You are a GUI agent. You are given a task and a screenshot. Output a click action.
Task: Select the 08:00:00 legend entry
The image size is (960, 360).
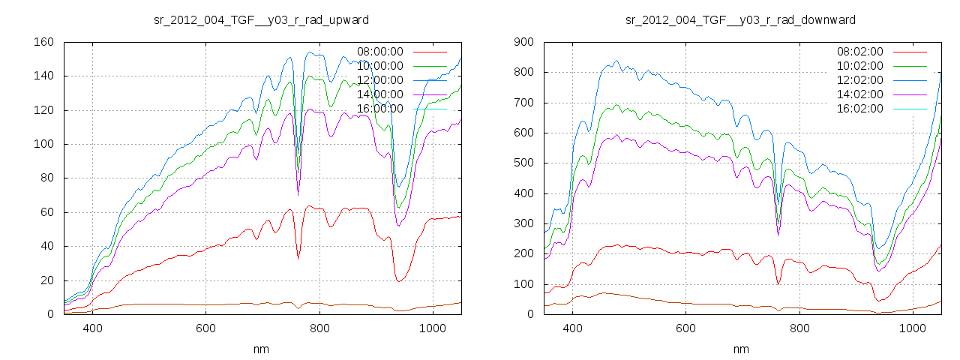click(380, 52)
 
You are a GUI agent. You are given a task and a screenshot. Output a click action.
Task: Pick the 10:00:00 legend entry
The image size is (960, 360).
click(380, 66)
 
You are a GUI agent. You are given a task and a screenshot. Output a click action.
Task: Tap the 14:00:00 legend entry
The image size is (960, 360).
click(380, 94)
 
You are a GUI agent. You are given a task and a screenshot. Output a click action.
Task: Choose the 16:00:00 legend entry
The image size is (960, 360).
click(380, 109)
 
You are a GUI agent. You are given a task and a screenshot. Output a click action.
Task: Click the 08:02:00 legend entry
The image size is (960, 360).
click(860, 52)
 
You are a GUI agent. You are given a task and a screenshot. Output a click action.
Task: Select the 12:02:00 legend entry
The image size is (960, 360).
click(860, 80)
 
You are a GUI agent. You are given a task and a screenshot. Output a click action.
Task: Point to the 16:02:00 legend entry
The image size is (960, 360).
click(860, 109)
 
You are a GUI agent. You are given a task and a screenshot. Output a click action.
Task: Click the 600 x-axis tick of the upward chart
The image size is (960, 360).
click(206, 328)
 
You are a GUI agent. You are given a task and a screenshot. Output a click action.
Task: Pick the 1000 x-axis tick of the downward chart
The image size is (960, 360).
click(912, 328)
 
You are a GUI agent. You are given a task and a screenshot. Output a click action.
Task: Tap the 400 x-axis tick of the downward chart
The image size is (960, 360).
click(572, 328)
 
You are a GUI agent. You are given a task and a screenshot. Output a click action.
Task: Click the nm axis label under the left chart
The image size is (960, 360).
click(261, 349)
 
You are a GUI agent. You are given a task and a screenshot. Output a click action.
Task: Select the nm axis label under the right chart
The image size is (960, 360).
click(741, 349)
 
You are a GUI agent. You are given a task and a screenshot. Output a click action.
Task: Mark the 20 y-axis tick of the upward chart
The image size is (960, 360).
click(46, 280)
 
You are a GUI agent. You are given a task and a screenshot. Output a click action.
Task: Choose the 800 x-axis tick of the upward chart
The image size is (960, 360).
click(319, 328)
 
